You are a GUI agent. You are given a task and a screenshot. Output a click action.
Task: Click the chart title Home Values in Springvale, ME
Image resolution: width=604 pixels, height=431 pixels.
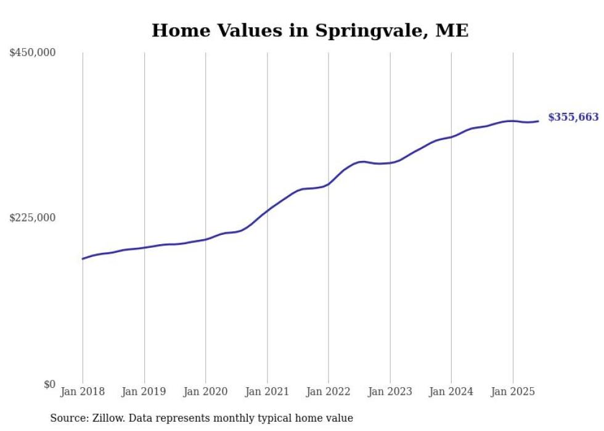tap(310, 31)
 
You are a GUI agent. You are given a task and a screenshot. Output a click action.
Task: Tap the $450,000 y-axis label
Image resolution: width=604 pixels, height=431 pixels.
tap(33, 53)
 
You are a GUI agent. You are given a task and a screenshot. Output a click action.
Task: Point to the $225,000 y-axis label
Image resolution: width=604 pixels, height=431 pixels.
tap(33, 218)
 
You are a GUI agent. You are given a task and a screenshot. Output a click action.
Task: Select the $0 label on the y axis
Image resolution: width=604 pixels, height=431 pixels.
tap(49, 384)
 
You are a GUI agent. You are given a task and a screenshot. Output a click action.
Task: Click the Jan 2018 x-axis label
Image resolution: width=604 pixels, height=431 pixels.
tap(83, 392)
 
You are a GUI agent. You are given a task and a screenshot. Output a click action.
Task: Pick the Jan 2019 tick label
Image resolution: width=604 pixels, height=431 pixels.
tap(144, 392)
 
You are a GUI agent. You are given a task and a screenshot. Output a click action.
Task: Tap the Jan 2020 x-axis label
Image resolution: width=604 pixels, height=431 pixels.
tap(205, 392)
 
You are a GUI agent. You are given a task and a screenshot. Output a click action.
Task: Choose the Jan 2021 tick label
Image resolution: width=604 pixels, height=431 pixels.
tap(267, 392)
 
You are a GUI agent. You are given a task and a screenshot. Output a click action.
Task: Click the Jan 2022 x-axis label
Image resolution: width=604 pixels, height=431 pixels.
tap(329, 392)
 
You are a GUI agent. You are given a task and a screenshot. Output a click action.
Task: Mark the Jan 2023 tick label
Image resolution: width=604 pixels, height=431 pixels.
tap(390, 392)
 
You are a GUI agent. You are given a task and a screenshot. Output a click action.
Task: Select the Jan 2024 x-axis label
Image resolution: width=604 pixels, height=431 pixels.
tap(451, 392)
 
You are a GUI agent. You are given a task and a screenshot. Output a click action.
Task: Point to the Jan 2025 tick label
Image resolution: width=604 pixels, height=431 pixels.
tap(512, 392)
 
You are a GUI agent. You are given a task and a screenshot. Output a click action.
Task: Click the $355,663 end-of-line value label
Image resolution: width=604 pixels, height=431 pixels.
tap(573, 117)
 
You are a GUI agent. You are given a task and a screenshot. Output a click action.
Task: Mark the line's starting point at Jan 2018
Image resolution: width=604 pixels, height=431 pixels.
tap(83, 259)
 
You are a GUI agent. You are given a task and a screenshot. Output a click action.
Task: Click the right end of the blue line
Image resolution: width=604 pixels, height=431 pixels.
tap(539, 121)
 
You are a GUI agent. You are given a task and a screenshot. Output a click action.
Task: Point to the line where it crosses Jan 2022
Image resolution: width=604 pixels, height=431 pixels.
tap(329, 183)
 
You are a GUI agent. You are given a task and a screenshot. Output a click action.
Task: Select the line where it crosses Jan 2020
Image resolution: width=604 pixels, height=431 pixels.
tap(205, 239)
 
